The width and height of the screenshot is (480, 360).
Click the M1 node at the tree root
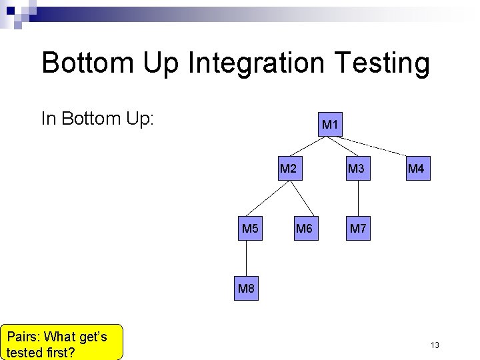pos(330,125)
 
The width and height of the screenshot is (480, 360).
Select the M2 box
pos(288,169)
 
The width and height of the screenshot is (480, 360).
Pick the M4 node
pos(415,169)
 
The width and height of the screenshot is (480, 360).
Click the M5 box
pos(250,229)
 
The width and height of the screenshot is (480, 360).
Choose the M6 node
pos(304,229)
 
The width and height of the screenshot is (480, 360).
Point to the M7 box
pos(358,229)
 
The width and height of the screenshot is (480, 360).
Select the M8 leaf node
pos(246,289)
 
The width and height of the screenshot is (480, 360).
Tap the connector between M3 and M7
pos(358,199)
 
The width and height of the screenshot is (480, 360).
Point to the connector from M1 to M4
pos(380,147)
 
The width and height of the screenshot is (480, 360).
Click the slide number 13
pos(435,345)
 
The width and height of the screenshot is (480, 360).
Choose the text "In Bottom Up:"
pos(98,119)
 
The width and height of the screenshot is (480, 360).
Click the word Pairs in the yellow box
pos(24,337)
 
